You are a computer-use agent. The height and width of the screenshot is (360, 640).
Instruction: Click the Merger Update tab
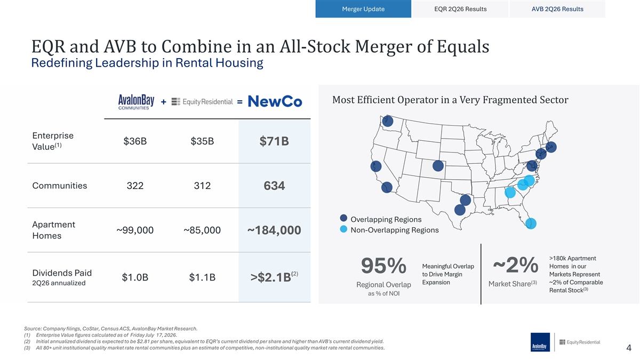click(363, 9)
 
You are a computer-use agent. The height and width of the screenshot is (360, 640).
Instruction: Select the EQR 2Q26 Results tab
click(460, 9)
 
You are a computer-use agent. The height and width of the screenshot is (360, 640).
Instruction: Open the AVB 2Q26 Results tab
click(557, 9)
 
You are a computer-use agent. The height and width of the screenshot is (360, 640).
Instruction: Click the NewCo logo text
click(275, 101)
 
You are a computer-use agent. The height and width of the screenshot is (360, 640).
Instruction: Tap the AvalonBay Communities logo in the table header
click(136, 102)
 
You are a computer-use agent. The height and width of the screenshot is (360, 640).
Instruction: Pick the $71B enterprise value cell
click(274, 141)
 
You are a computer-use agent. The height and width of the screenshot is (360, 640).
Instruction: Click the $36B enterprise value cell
click(135, 141)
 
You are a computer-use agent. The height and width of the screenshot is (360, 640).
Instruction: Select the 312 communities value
click(202, 186)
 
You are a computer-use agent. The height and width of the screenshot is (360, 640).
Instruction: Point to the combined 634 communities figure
click(274, 186)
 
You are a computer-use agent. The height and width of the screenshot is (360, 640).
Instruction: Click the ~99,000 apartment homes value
click(135, 230)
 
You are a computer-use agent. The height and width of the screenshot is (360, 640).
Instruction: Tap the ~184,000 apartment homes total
click(274, 230)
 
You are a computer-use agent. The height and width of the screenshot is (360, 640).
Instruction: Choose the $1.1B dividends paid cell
click(202, 277)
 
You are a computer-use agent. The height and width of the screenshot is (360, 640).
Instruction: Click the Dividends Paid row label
click(62, 273)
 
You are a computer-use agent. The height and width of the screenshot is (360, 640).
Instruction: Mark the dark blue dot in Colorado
click(438, 166)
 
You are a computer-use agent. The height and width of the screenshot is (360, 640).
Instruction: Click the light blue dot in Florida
click(531, 223)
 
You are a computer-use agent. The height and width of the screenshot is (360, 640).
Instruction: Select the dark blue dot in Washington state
click(388, 121)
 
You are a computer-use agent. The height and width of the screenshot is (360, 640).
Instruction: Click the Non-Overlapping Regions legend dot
click(343, 229)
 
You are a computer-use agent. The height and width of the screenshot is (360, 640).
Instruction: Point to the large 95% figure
click(383, 266)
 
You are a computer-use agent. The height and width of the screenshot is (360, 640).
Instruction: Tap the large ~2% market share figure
click(515, 265)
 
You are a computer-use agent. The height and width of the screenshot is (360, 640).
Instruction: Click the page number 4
click(629, 348)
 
